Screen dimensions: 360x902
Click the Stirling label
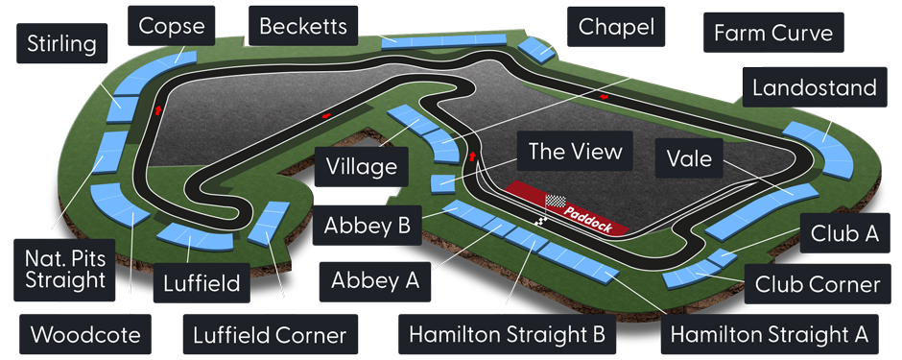pyautogui.click(x=61, y=44)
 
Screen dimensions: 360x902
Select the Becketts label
pyautogui.click(x=302, y=25)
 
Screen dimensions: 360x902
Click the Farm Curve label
pyautogui.click(x=773, y=35)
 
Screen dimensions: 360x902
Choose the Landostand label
pyautogui.click(x=814, y=88)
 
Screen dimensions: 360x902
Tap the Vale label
pyautogui.click(x=689, y=158)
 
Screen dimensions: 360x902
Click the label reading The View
pyautogui.click(x=576, y=151)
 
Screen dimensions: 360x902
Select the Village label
pyautogui.click(x=361, y=167)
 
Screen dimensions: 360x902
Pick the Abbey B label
pyautogui.click(x=368, y=227)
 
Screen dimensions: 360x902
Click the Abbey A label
pyautogui.click(x=375, y=280)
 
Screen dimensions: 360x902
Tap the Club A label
pyautogui.click(x=844, y=232)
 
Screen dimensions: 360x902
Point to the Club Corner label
pyautogui.click(x=817, y=285)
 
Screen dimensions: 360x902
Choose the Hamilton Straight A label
pyautogui.click(x=769, y=334)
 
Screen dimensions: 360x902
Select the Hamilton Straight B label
pyautogui.click(x=506, y=334)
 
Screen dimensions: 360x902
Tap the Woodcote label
pyautogui.click(x=86, y=335)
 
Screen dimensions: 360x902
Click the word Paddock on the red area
pyautogui.click(x=588, y=217)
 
